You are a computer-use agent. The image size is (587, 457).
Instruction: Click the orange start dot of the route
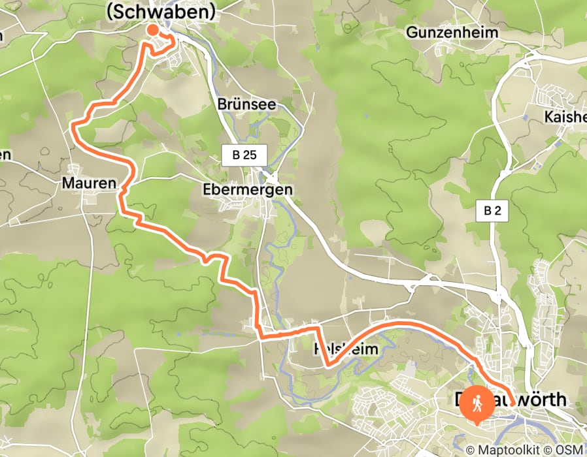point(152,29)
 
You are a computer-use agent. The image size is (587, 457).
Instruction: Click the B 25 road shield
point(244,155)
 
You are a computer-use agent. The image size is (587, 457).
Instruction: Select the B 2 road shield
point(492,211)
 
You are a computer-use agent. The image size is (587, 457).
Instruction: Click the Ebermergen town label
point(247,189)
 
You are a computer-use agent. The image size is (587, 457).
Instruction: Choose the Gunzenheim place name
point(452,32)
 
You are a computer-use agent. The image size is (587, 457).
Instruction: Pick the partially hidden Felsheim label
point(346,349)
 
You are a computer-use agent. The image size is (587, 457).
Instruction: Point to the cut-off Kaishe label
point(565,117)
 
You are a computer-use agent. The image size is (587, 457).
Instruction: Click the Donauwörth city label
point(510,400)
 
